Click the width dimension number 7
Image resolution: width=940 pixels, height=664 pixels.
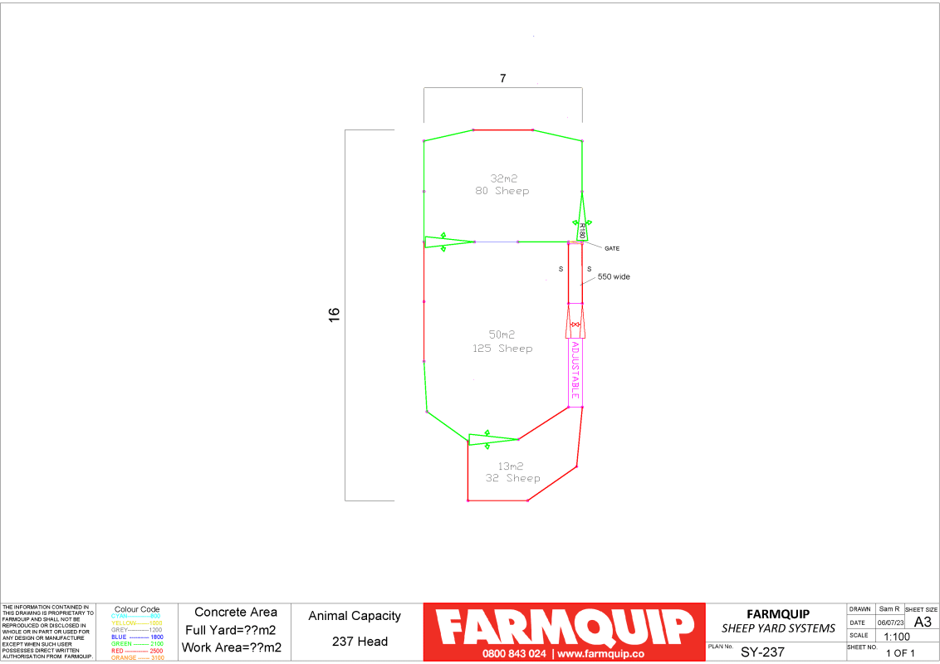pos(502,79)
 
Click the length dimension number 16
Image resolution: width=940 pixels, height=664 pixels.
pos(335,314)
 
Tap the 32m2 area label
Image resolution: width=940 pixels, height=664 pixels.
pos(502,178)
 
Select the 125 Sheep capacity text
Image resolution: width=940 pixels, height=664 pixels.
pos(502,349)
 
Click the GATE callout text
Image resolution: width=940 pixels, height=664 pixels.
pos(612,248)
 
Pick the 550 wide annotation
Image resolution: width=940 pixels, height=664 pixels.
pos(613,276)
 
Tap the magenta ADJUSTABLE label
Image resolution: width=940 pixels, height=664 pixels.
pos(575,370)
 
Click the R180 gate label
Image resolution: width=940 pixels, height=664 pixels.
pos(582,231)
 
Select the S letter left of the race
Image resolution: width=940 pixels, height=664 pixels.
pos(561,269)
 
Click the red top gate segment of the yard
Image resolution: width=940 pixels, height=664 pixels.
pos(502,129)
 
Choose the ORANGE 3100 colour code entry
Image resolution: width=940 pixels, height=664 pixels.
pos(137,658)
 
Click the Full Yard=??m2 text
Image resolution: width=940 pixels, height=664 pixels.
pos(230,630)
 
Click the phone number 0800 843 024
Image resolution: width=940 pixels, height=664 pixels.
pos(515,653)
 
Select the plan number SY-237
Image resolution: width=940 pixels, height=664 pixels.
pos(762,652)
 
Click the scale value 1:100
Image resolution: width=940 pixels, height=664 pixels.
pos(898,637)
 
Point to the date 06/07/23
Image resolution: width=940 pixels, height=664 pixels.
pos(890,622)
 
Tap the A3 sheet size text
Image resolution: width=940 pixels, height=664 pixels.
pos(922,622)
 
